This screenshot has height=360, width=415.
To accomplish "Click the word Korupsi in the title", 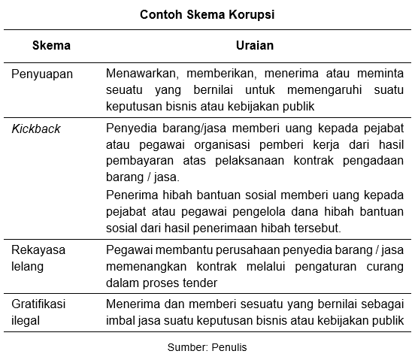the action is coord(250,14).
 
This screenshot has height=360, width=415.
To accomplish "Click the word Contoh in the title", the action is coord(159,14).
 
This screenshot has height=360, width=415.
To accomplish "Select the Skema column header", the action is coord(52,45).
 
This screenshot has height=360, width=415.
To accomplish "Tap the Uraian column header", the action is coord(255,45).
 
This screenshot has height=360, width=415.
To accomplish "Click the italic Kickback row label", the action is coord(36,129).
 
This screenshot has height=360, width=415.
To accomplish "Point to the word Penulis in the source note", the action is coord(229,347).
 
